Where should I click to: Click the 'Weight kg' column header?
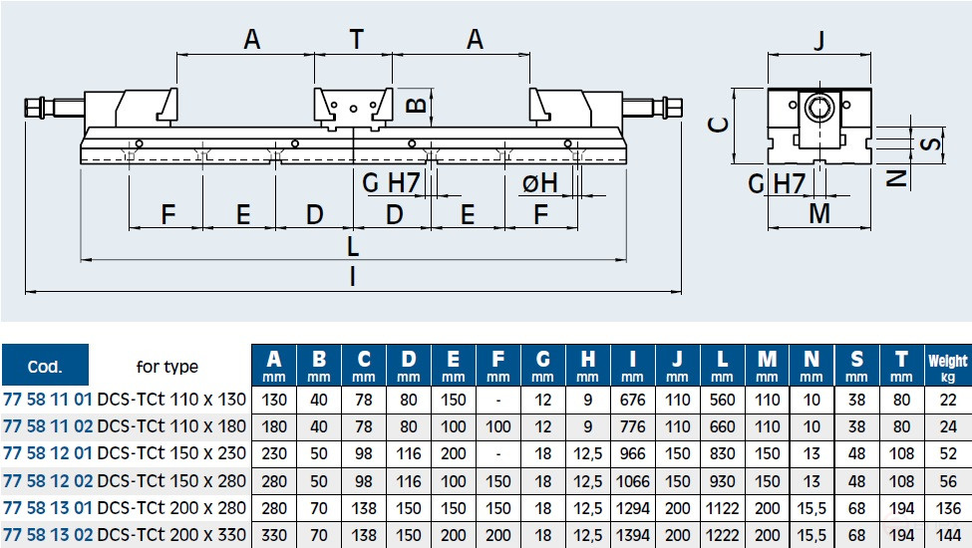pyautogui.click(x=947, y=367)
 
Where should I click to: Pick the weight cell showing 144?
pyautogui.click(x=947, y=534)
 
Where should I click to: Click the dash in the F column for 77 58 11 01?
pyautogui.click(x=497, y=400)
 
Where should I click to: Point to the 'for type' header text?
pyautogui.click(x=166, y=367)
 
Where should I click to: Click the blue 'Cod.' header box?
pyautogui.click(x=46, y=367)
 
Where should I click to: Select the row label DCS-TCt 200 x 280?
pyautogui.click(x=174, y=506)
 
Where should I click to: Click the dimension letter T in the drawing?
pyautogui.click(x=355, y=39)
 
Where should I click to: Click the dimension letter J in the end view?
pyautogui.click(x=818, y=41)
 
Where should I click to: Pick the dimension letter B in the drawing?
pyautogui.click(x=419, y=102)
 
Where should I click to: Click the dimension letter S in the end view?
pyautogui.click(x=929, y=143)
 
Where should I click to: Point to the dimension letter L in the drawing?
pyautogui.click(x=353, y=245)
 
